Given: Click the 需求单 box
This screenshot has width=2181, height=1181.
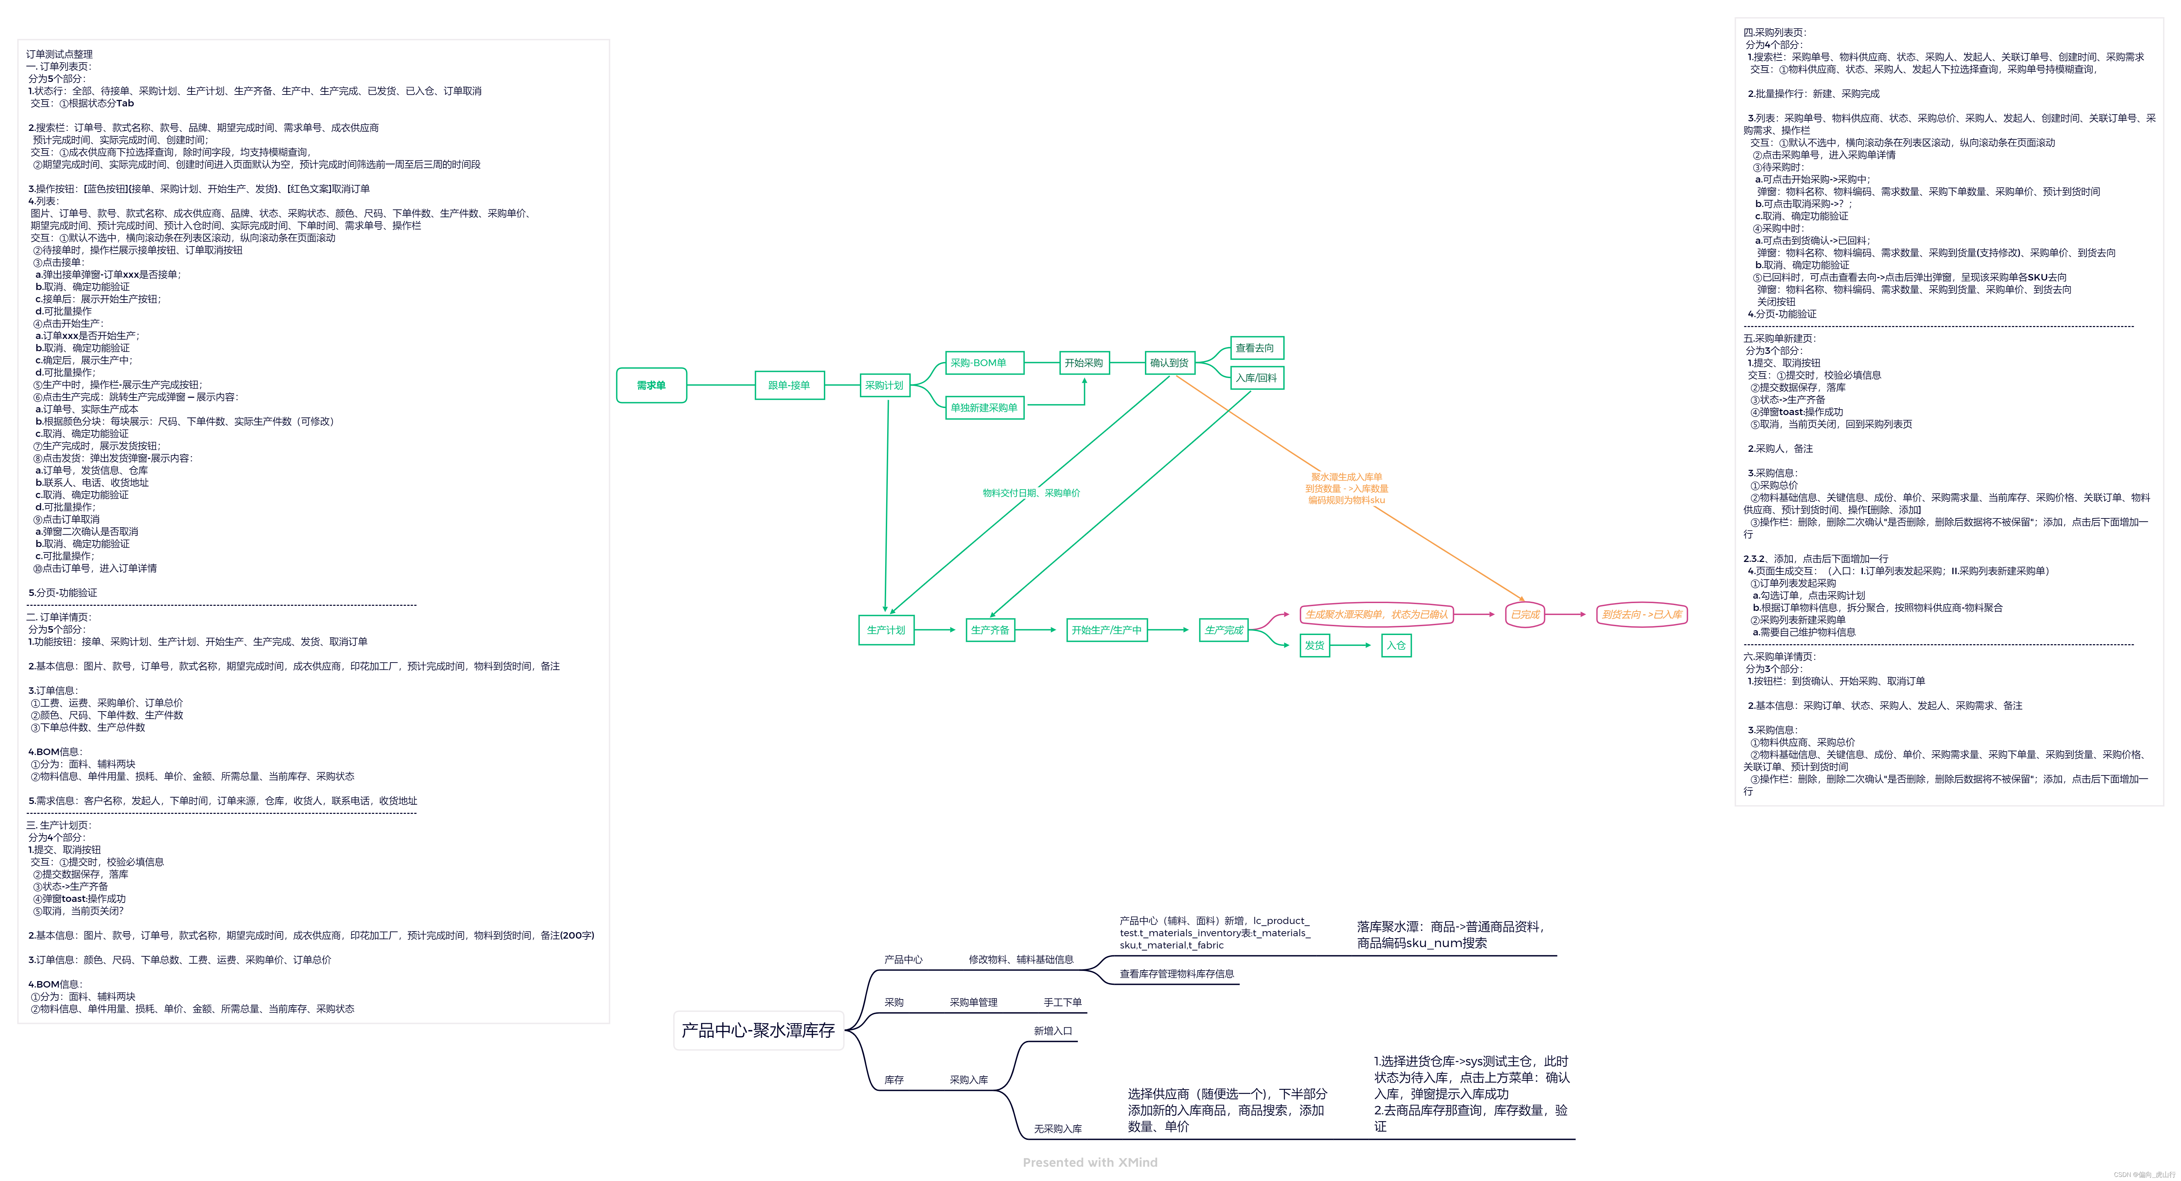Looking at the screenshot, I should (x=651, y=385).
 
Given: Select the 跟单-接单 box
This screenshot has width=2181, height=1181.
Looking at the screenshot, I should (x=789, y=385).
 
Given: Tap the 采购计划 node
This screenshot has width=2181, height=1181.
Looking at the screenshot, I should (x=884, y=385).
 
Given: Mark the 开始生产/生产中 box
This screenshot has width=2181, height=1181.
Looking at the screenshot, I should (x=1106, y=630).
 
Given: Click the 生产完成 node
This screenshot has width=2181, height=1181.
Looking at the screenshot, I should (x=1223, y=630).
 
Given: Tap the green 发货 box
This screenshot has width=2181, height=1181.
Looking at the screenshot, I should (x=1314, y=645).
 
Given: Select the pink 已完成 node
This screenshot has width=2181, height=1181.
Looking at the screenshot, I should (x=1525, y=615).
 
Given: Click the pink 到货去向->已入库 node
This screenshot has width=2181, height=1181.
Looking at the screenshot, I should (x=1641, y=615).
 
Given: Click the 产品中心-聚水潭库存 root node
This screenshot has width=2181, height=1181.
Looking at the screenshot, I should (x=759, y=1030).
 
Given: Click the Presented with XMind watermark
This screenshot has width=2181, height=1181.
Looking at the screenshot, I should (x=1090, y=1162).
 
